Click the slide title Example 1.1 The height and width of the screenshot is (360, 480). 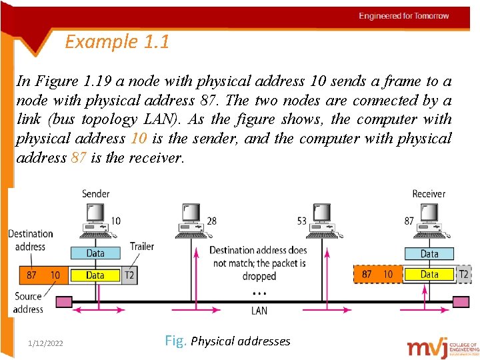pos(117,42)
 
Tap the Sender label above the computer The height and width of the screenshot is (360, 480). pos(95,194)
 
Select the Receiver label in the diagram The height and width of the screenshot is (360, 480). pos(428,194)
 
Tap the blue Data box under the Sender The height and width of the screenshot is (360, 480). pos(95,253)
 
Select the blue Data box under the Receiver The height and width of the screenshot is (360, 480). pos(429,253)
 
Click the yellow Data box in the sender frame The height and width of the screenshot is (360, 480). pos(95,275)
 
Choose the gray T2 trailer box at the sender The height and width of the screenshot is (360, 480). pos(129,275)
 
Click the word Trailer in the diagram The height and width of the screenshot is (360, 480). pos(141,247)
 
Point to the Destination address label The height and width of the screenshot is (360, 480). pos(30,240)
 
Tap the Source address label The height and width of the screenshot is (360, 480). pos(28,303)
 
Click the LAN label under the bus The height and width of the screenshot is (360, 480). pos(259,311)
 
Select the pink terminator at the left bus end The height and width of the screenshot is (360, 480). pos(63,302)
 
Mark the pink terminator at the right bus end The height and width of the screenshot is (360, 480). pos(461,302)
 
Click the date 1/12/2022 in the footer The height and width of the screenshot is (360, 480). pos(46,343)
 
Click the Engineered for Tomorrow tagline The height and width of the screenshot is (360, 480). pos(404,16)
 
